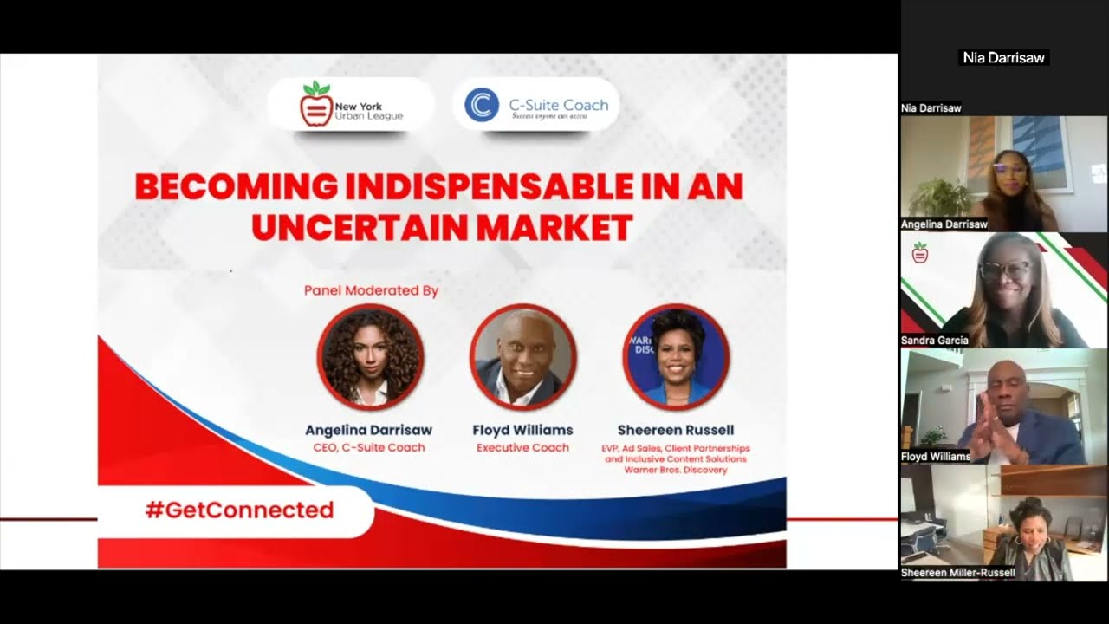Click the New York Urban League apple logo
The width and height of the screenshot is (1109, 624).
point(316,104)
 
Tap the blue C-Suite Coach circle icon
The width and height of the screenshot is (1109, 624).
point(482,105)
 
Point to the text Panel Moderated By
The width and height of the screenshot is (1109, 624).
point(372,290)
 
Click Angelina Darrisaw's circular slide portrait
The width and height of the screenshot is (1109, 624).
point(370,357)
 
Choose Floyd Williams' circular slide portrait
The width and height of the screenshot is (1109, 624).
point(523,357)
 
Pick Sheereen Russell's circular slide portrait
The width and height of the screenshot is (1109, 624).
point(676,357)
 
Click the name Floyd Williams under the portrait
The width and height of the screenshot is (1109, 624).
point(522,430)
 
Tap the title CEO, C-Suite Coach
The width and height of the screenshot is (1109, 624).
point(369,448)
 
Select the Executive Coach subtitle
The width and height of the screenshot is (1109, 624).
point(522,448)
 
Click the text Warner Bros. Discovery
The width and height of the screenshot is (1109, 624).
point(676,470)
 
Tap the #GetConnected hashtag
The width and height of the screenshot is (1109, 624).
point(240,510)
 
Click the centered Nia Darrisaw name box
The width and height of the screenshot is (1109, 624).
point(1003,57)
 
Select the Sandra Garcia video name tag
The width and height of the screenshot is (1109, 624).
point(935,341)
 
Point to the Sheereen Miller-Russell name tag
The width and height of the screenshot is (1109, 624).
point(958,573)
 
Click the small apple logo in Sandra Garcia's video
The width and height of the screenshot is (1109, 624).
point(920,252)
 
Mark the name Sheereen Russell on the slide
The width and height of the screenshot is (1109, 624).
point(676,430)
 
